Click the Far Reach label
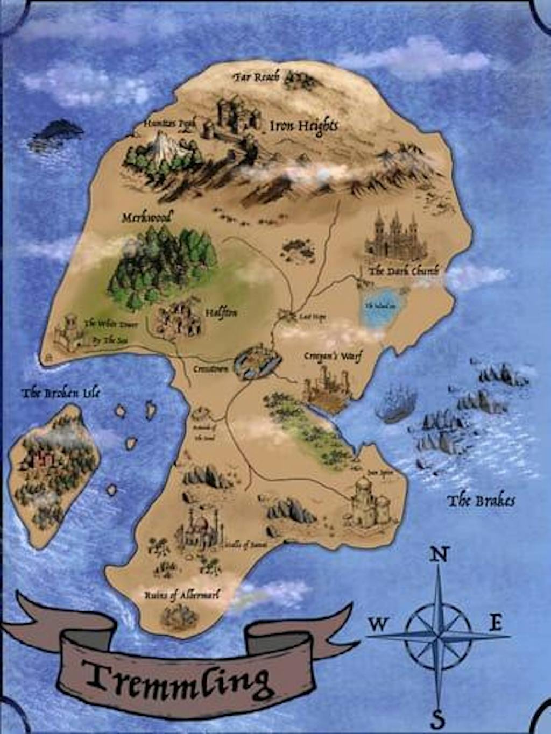pyautogui.click(x=256, y=77)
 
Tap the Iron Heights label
pyautogui.click(x=303, y=126)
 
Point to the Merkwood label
pyautogui.click(x=147, y=218)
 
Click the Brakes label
pyautogui.click(x=481, y=501)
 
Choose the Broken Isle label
pyautogui.click(x=60, y=393)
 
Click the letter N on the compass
pyautogui.click(x=440, y=554)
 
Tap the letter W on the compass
pyautogui.click(x=378, y=624)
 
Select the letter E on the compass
pyautogui.click(x=495, y=623)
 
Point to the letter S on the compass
pyautogui.click(x=439, y=718)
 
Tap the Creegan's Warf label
pyautogui.click(x=333, y=356)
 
